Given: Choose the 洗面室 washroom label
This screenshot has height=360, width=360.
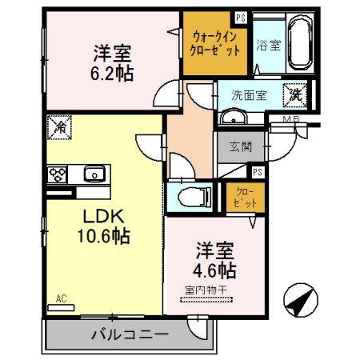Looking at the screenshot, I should pos(249,94).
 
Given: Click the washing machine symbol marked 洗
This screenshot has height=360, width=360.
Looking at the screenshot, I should pos(296,94).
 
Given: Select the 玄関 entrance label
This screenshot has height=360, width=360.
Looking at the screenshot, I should pos(241,146).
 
